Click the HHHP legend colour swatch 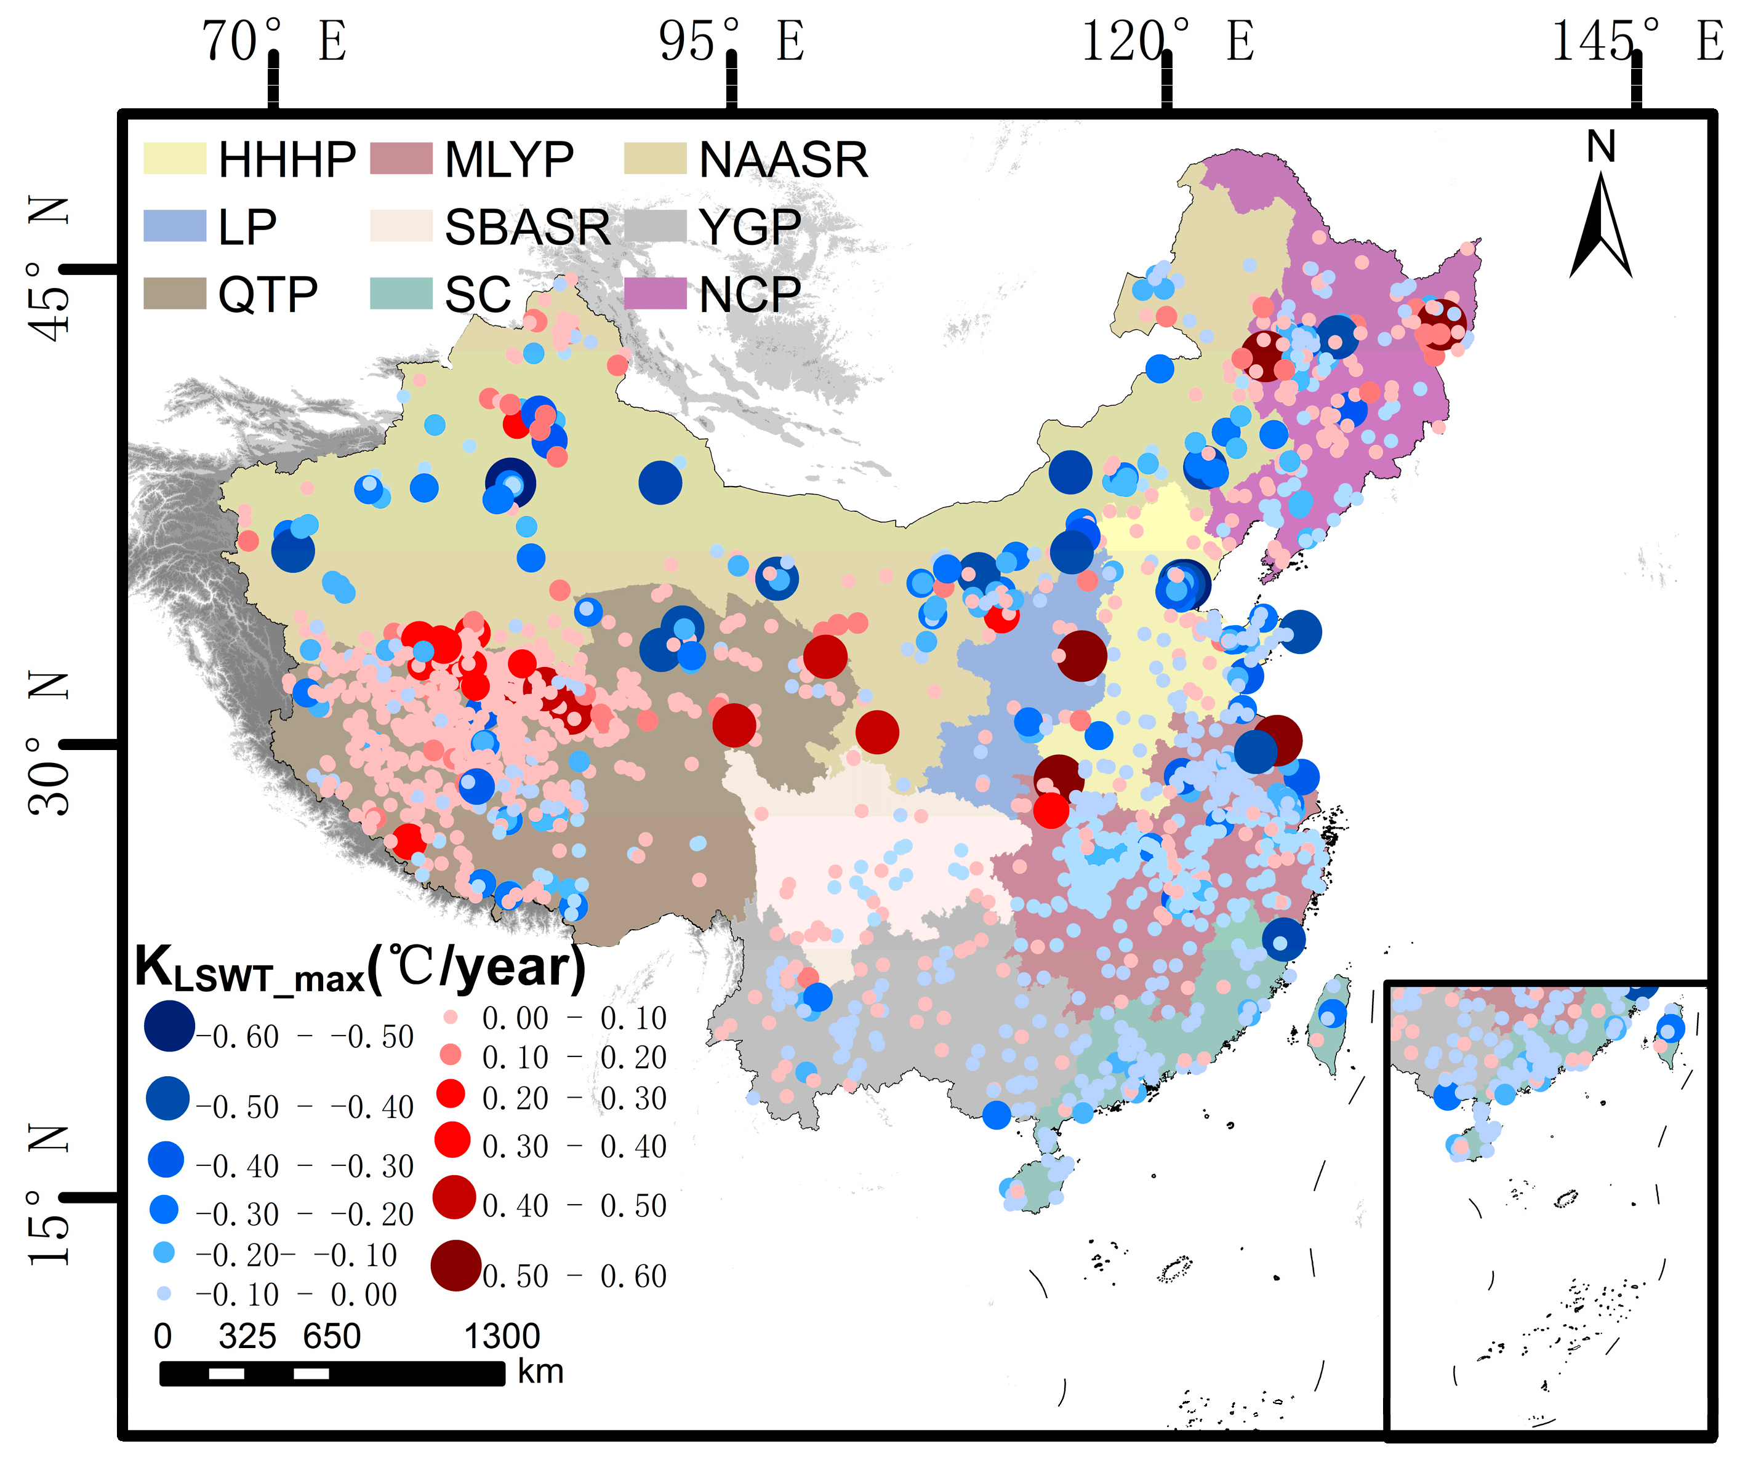coord(175,158)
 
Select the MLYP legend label coord(508,159)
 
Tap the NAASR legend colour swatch coord(655,158)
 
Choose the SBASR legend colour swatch coord(401,226)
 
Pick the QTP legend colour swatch coord(175,293)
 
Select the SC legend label coord(478,294)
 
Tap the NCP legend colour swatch coord(655,293)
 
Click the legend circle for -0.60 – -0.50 coord(169,1026)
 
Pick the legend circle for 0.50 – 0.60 coord(455,1265)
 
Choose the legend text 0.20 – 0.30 coord(574,1098)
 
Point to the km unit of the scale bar coord(540,1373)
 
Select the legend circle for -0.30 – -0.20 coord(164,1210)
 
